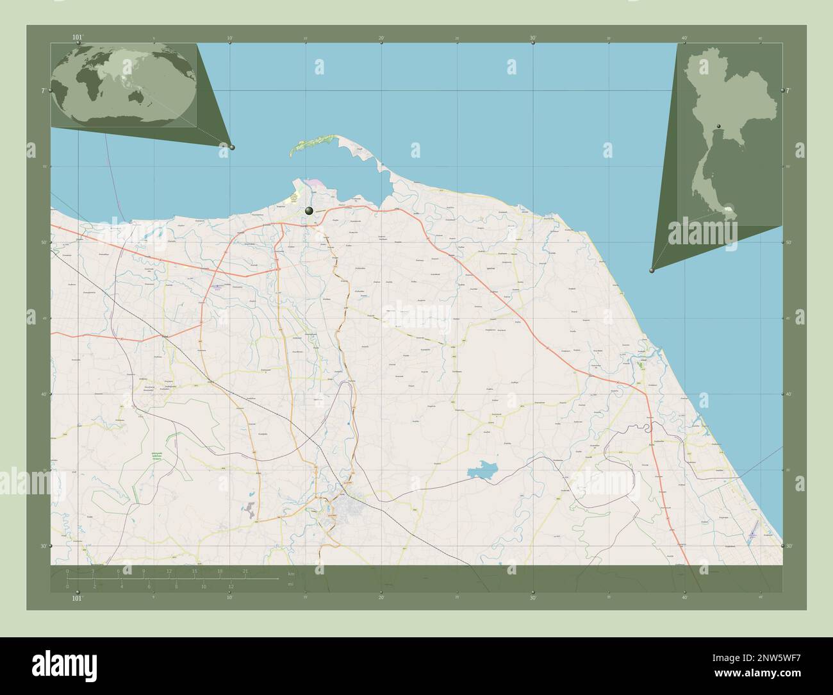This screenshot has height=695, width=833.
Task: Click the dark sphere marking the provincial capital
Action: [x=309, y=210]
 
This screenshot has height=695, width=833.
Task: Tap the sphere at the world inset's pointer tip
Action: [x=232, y=147]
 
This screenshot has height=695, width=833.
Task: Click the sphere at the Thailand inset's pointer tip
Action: [x=652, y=271]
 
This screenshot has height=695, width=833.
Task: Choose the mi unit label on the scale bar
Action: [x=291, y=584]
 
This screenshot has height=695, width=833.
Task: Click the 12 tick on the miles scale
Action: [x=231, y=586]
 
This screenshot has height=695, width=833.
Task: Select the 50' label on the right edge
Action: [x=790, y=242]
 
